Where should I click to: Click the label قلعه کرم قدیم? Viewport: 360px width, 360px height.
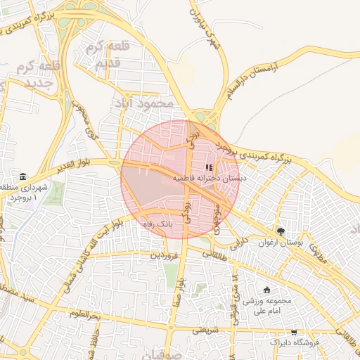coord(109,57)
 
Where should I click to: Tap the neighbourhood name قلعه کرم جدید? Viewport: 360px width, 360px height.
coord(39,77)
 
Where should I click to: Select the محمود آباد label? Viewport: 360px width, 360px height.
coord(142,103)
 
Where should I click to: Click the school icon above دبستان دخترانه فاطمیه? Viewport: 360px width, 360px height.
coord(208,167)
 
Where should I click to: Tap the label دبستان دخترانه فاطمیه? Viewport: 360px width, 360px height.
coord(214,179)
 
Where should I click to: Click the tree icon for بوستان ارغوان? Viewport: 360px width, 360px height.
coord(281,231)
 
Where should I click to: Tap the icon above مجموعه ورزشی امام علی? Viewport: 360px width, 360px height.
coord(266,290)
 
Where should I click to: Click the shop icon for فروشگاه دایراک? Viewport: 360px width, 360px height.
coord(294,332)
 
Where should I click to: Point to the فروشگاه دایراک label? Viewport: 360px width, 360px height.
coord(295,342)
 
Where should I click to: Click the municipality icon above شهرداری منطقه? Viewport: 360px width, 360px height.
coord(23,176)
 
